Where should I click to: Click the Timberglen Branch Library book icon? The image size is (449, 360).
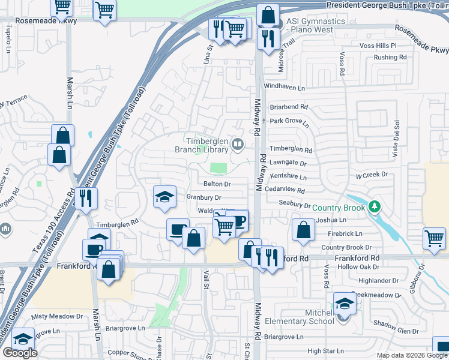pyautogui.click(x=238, y=144)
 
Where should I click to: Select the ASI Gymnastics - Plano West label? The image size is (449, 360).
pyautogui.click(x=315, y=25)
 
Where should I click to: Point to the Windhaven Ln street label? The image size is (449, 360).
pyautogui.click(x=284, y=87)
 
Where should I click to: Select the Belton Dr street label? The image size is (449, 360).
pyautogui.click(x=217, y=184)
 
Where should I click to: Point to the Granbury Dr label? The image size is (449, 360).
pyautogui.click(x=204, y=197)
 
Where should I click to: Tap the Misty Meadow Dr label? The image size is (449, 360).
pyautogui.click(x=57, y=316)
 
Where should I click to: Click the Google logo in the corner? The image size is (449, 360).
pyautogui.click(x=20, y=353)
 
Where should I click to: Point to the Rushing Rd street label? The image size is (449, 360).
pyautogui.click(x=390, y=58)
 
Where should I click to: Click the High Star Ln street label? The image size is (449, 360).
pyautogui.click(x=326, y=351)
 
